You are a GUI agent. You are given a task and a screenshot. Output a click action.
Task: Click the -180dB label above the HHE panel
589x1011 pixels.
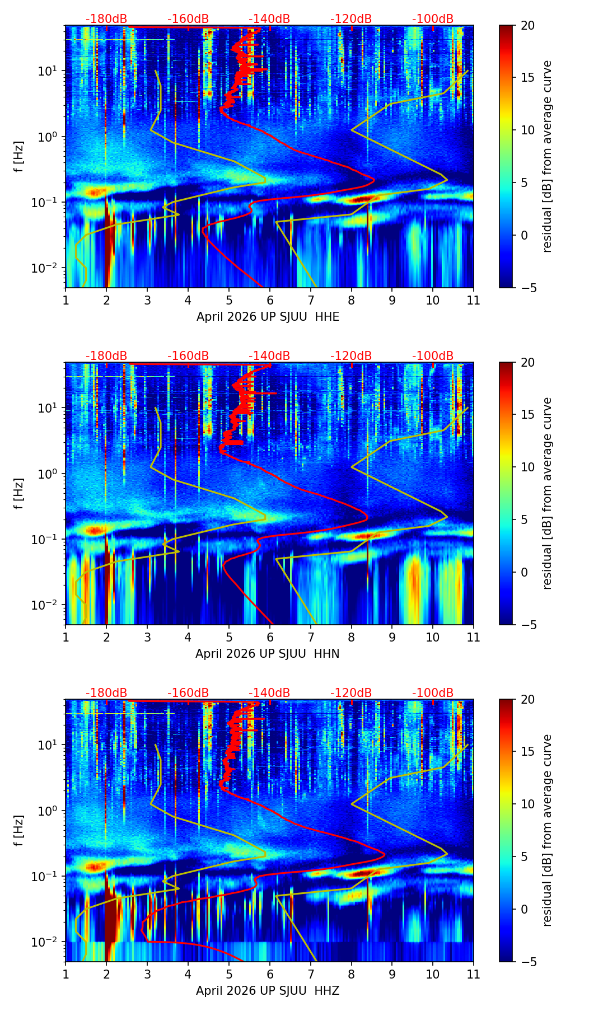(106, 19)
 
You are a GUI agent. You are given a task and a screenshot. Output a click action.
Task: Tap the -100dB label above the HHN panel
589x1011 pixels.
(433, 356)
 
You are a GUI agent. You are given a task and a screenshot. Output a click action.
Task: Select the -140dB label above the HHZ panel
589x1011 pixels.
(269, 693)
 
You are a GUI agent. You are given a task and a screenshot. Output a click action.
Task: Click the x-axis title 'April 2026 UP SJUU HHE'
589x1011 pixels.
(268, 317)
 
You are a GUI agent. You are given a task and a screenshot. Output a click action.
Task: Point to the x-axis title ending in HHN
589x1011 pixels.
(268, 654)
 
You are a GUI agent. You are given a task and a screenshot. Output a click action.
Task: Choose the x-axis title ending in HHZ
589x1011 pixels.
(268, 991)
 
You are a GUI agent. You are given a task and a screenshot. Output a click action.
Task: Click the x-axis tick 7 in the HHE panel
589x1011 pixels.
(310, 300)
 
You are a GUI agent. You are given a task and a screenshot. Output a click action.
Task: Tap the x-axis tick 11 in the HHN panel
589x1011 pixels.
(474, 637)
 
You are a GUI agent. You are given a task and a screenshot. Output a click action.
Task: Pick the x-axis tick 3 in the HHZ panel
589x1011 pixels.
(147, 974)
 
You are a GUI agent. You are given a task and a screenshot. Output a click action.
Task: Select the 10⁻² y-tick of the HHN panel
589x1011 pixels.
(48, 605)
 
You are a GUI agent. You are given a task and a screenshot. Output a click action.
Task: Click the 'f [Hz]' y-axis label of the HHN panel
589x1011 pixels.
(19, 493)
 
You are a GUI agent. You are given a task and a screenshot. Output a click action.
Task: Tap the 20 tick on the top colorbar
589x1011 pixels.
(527, 26)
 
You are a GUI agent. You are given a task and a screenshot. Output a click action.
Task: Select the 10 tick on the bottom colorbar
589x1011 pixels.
(527, 804)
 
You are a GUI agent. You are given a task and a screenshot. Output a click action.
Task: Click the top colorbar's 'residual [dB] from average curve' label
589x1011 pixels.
(548, 156)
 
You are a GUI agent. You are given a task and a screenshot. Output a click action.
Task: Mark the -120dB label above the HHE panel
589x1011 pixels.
(351, 19)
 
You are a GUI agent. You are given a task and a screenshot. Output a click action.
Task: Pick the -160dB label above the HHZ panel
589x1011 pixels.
(188, 693)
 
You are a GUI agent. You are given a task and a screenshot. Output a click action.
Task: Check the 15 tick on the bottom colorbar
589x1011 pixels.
(527, 752)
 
